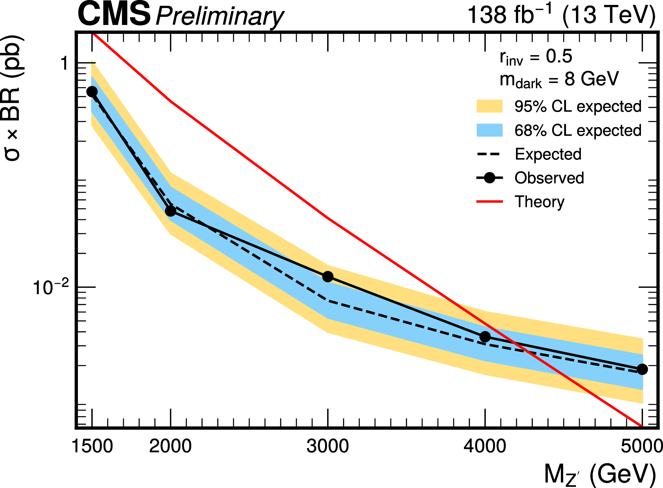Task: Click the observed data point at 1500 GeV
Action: click(92, 92)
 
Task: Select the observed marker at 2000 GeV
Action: click(171, 211)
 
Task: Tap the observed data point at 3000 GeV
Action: click(328, 277)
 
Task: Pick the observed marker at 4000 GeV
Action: click(485, 337)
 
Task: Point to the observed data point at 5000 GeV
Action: click(642, 369)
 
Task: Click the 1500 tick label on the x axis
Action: click(92, 446)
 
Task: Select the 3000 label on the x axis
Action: click(327, 446)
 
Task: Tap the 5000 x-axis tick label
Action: click(642, 446)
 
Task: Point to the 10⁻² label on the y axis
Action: click(50, 288)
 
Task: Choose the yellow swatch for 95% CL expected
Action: click(489, 106)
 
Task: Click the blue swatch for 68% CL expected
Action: click(489, 130)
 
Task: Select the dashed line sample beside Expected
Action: click(489, 154)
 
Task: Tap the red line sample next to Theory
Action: click(489, 202)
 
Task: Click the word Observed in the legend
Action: click(549, 178)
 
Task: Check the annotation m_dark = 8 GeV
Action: click(559, 80)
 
